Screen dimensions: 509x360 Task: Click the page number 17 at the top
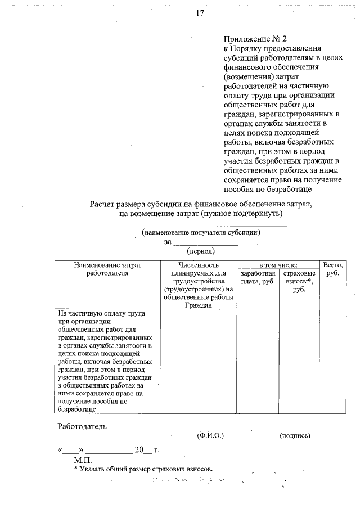(200, 13)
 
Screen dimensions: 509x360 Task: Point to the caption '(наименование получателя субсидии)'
(201, 232)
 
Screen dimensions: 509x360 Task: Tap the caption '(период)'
(201, 251)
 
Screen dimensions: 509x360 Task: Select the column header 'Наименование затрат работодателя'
(107, 269)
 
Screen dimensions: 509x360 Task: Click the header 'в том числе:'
(278, 264)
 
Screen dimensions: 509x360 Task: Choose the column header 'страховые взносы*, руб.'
(299, 281)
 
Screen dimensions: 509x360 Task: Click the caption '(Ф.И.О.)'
(210, 435)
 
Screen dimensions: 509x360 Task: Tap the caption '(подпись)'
(294, 435)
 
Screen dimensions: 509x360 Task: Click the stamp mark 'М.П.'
(74, 460)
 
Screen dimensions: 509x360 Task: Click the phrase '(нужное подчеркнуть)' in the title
(239, 213)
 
